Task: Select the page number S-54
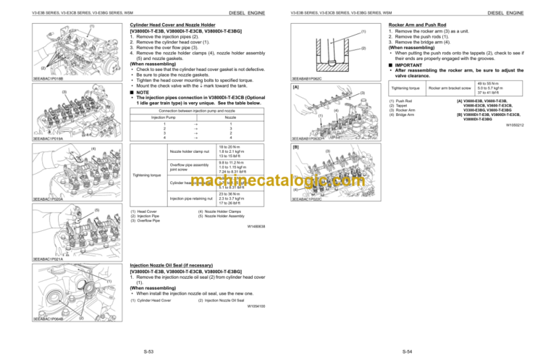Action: coord(409,351)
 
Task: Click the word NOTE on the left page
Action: coord(140,91)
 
